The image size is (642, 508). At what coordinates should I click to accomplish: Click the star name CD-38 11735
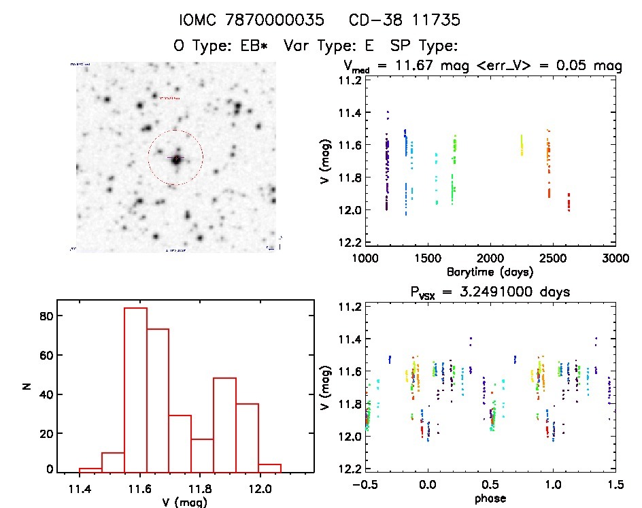404,20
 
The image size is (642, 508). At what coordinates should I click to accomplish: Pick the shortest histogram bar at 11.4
90,469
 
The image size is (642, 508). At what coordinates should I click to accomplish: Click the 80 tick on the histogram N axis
46,316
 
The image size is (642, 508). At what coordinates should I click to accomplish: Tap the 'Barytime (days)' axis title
490,272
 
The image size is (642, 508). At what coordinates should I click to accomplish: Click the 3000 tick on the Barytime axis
615,258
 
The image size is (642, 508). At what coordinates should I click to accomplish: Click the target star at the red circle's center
176,159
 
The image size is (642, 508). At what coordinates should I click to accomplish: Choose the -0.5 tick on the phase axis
363,484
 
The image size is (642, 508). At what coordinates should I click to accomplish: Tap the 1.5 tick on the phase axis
615,484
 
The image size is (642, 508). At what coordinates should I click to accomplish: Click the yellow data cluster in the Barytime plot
522,145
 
